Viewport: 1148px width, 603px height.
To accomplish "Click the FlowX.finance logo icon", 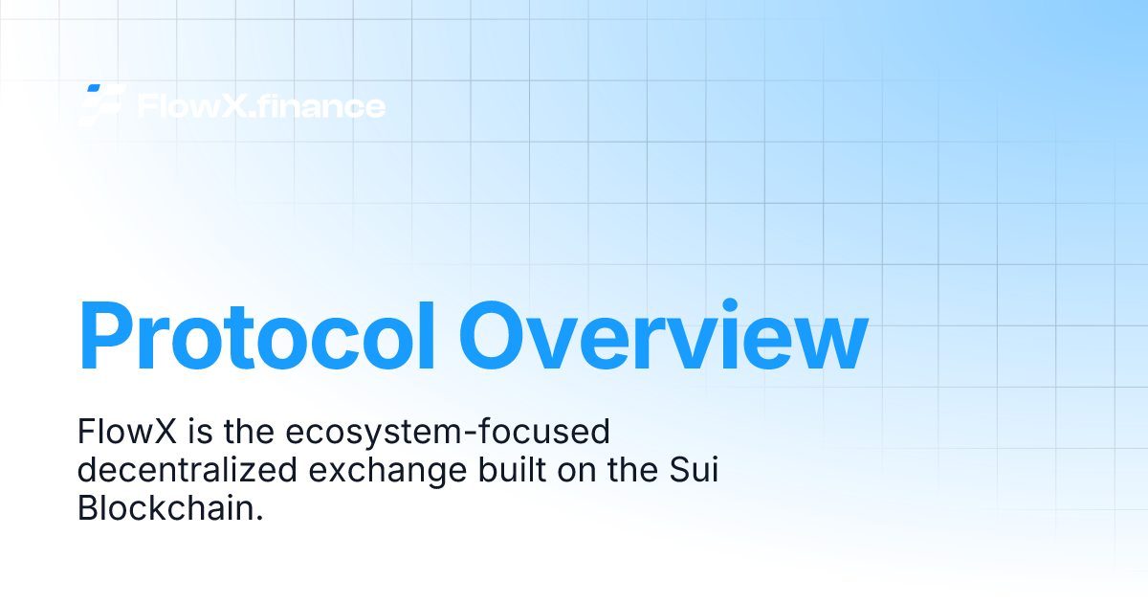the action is [x=102, y=105].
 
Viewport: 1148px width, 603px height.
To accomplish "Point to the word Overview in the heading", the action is [x=663, y=334].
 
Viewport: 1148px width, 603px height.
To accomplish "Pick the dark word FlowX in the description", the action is [x=127, y=432].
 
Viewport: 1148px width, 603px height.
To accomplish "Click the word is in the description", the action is [x=200, y=431].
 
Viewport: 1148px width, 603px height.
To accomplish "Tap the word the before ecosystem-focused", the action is [x=249, y=431].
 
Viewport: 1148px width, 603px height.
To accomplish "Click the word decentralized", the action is [x=188, y=469].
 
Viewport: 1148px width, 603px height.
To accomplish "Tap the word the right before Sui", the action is [x=633, y=469].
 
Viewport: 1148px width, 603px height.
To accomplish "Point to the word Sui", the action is [x=694, y=469].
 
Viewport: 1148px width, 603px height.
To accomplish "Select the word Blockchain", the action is [x=170, y=507].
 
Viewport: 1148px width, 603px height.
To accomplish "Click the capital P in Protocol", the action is [x=106, y=336].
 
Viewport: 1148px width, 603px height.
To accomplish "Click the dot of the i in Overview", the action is [x=730, y=304].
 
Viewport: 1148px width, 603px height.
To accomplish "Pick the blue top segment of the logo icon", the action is [x=94, y=88].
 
